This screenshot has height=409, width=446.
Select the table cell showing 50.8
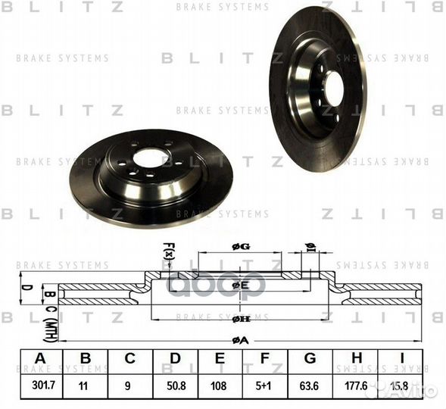(x=175, y=384)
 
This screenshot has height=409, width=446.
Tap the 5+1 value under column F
(x=266, y=384)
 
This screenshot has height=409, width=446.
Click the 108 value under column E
(x=220, y=384)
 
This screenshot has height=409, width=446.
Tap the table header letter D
(x=175, y=358)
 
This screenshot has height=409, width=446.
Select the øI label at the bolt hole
(x=309, y=245)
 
